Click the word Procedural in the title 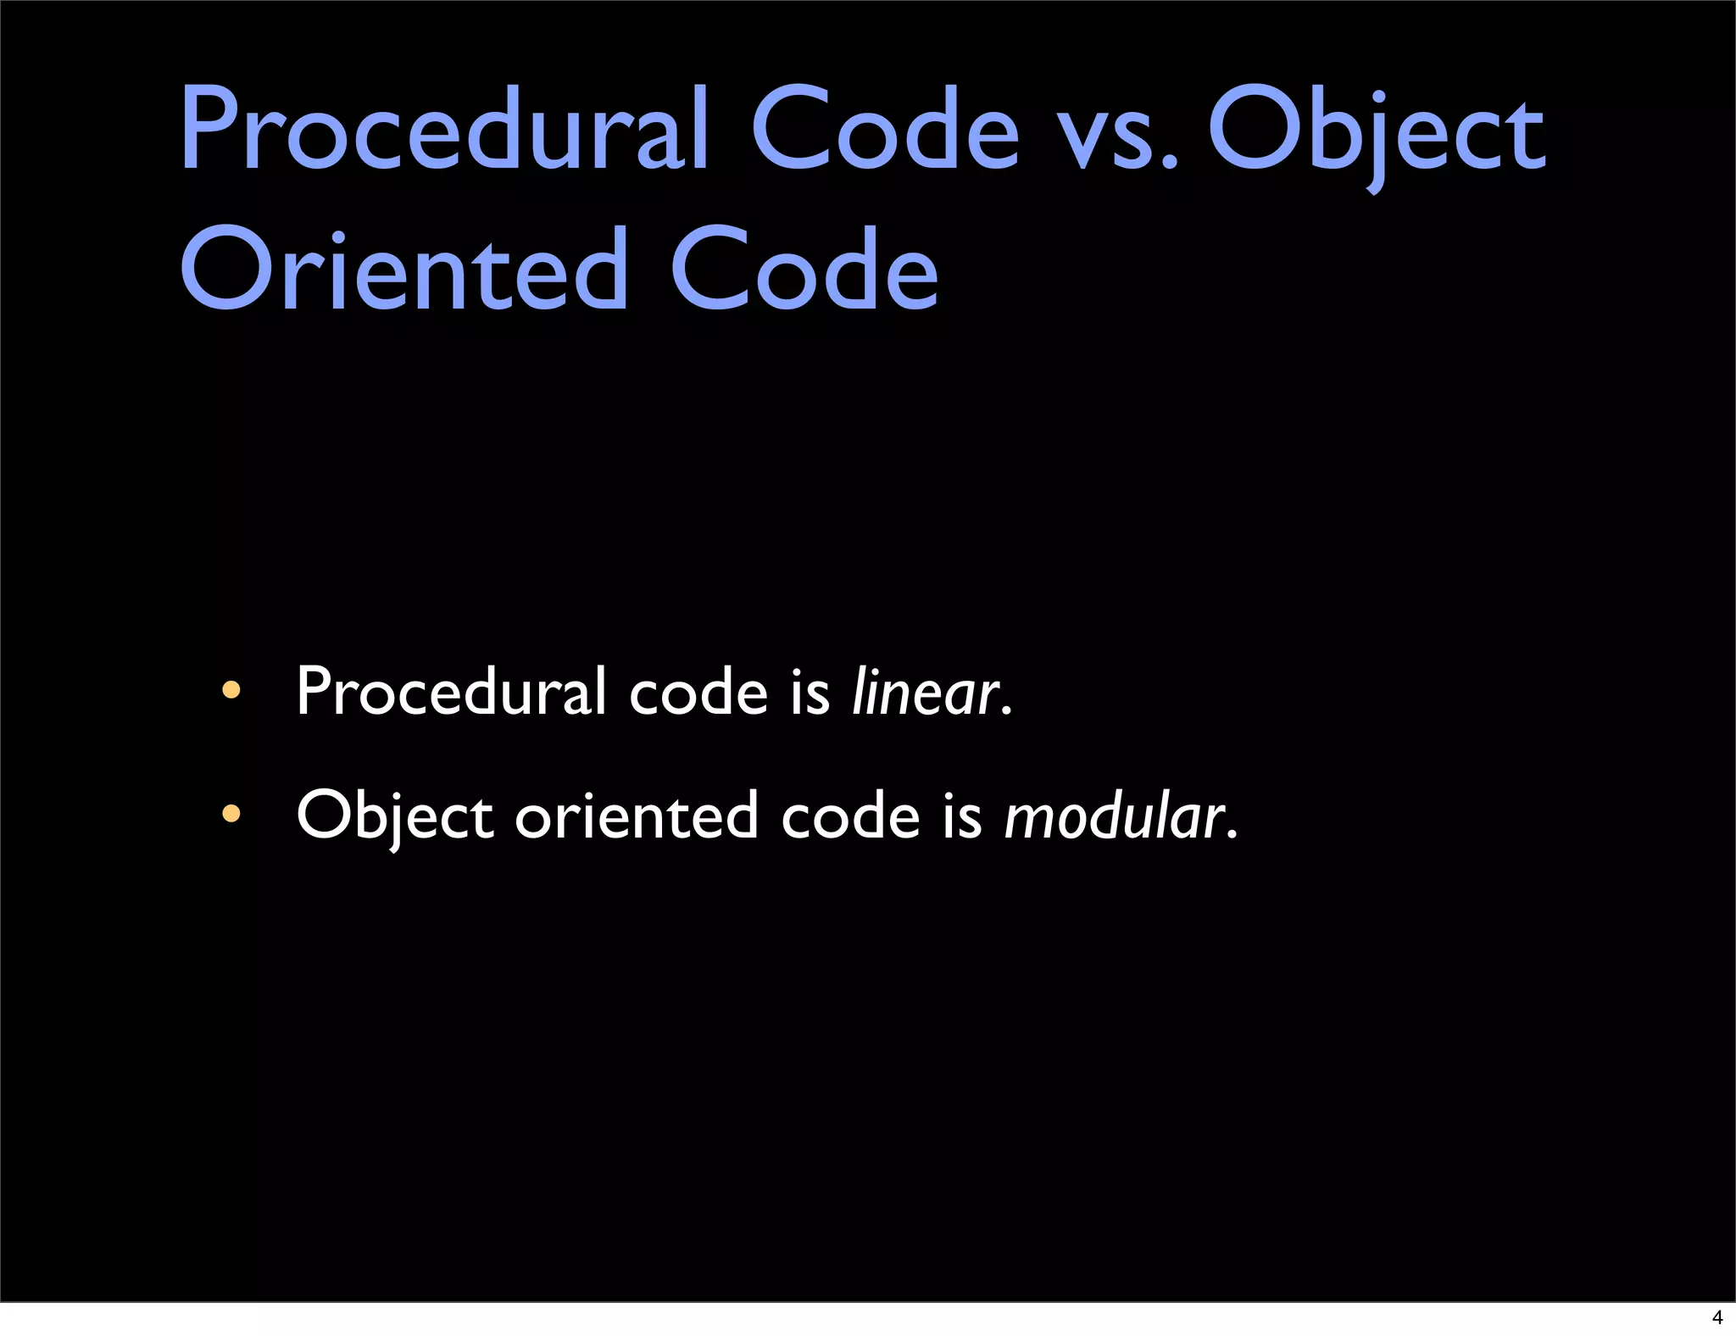pyautogui.click(x=443, y=130)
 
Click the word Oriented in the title pyautogui.click(x=403, y=270)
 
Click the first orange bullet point pyautogui.click(x=231, y=691)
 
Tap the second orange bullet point pyautogui.click(x=231, y=815)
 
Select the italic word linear pyautogui.click(x=926, y=693)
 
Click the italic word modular pyautogui.click(x=1114, y=816)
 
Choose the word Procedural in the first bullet pyautogui.click(x=450, y=693)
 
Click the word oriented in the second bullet pyautogui.click(x=636, y=816)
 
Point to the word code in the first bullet pyautogui.click(x=698, y=693)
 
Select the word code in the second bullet pyautogui.click(x=849, y=816)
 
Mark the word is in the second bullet pyautogui.click(x=962, y=816)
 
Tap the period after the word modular pyautogui.click(x=1232, y=835)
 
